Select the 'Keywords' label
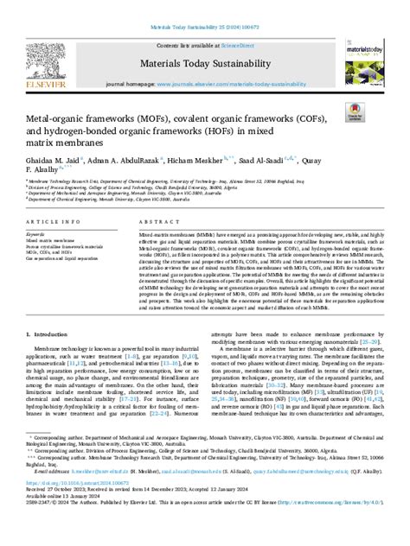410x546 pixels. coord(39,234)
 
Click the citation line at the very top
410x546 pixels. coord(204,9)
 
